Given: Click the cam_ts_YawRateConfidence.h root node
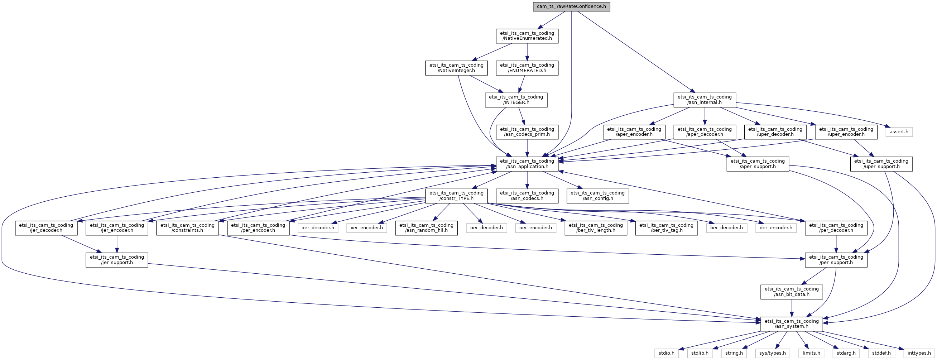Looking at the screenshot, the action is (x=571, y=6).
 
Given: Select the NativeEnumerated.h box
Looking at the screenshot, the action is (x=527, y=35).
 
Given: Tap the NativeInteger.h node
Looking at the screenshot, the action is (x=456, y=68).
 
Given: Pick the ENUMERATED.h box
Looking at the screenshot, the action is (x=527, y=68).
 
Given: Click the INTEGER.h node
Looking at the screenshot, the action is (x=516, y=100).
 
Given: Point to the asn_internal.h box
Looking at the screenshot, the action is (x=705, y=100).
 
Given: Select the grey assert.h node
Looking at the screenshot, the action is (x=899, y=131).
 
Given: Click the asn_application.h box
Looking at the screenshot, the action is (x=527, y=164).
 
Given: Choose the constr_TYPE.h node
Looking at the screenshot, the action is (x=456, y=196).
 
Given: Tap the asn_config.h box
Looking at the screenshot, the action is (x=598, y=196).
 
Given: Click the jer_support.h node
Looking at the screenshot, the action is (x=117, y=260).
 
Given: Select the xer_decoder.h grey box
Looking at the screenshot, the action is (x=318, y=227).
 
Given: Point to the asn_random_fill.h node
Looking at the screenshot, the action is (x=426, y=227).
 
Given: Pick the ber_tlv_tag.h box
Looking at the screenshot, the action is (x=666, y=227).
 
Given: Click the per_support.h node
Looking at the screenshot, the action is (x=836, y=260).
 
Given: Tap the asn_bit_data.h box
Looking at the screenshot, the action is (x=792, y=292).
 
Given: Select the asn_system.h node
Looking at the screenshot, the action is (x=792, y=323).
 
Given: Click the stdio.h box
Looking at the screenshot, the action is (x=666, y=353).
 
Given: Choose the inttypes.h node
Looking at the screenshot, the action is (x=919, y=353).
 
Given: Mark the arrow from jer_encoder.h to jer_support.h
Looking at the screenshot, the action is (x=117, y=244).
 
